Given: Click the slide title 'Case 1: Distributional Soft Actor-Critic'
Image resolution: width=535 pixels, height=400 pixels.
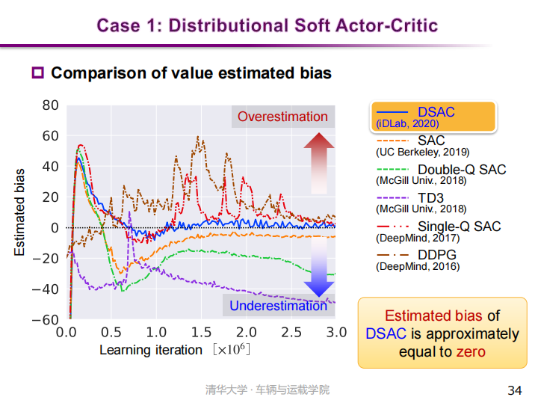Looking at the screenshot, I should click(267, 25).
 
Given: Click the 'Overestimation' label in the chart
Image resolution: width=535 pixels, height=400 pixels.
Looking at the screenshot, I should click(282, 117).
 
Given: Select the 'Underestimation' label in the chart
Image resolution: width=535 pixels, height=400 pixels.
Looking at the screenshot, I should click(278, 306).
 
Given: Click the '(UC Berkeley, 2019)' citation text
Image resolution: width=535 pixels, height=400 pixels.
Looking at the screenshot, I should click(422, 152).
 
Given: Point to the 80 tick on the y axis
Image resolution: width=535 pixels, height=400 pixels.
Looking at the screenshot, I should click(50, 105).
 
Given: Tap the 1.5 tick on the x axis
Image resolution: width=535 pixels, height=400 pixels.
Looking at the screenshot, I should click(201, 332).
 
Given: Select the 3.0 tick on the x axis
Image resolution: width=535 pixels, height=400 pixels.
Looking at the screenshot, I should click(335, 332).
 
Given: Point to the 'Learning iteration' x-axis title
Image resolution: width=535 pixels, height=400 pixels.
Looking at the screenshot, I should click(151, 350).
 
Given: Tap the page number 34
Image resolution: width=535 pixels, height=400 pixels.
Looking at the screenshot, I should click(514, 390).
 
